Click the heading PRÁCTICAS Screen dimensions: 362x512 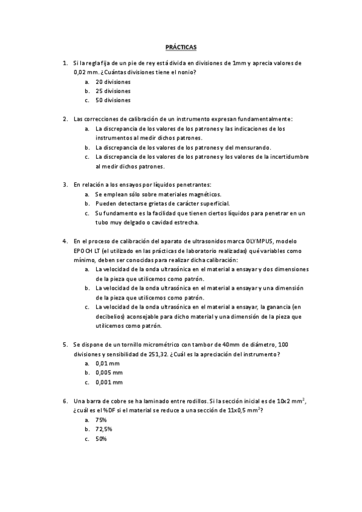[x=181, y=46]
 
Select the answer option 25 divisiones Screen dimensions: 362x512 [x=113, y=91]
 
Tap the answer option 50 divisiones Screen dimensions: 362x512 [x=113, y=100]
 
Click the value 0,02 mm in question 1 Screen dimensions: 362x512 [x=86, y=72]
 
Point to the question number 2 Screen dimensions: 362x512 [x=65, y=119]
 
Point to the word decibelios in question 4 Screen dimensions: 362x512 [x=110, y=316]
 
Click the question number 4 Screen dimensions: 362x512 [x=65, y=240]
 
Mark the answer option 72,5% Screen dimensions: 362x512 [x=104, y=429]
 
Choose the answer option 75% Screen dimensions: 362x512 [x=102, y=419]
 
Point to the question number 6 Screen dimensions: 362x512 [x=65, y=400]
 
